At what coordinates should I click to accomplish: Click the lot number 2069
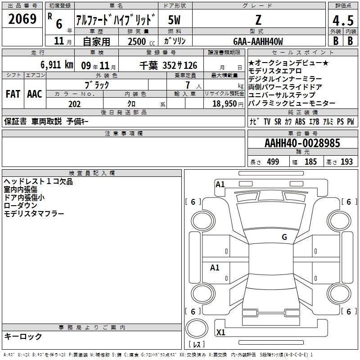tap(22, 18)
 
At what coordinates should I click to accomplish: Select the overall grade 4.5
tap(343, 20)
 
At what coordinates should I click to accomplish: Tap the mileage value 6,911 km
tap(57, 64)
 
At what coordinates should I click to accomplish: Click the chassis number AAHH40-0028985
tap(302, 143)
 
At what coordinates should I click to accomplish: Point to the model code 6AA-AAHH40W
tap(258, 41)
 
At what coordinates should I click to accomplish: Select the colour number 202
tap(74, 104)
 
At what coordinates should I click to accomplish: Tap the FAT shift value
tap(13, 94)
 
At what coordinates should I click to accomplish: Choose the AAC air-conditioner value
tap(35, 94)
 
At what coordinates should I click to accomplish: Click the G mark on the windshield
tap(284, 237)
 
